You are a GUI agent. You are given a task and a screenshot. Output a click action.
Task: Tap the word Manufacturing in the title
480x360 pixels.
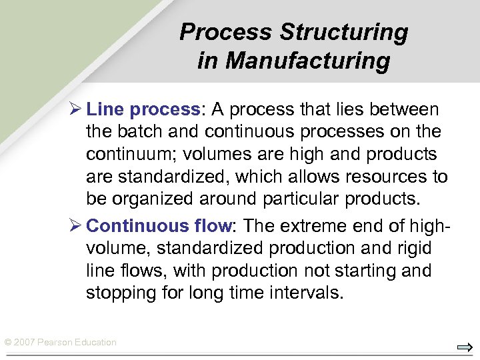click(x=307, y=61)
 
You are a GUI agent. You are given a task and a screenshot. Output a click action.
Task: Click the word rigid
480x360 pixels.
click(x=413, y=248)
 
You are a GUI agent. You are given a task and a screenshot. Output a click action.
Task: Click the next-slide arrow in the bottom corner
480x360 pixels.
click(x=465, y=347)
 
